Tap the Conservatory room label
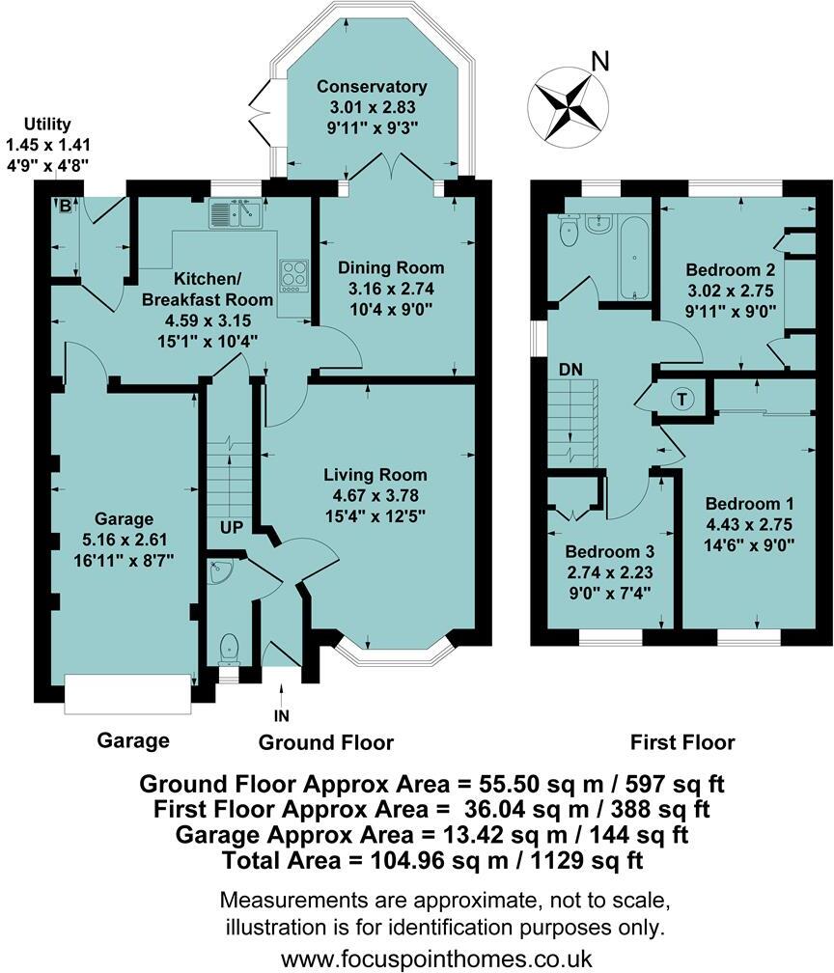point(372,88)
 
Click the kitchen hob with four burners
point(292,275)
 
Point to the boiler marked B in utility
point(66,205)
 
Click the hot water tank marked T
point(683,399)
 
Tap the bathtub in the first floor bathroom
point(633,257)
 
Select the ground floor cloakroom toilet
point(230,646)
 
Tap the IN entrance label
point(281,715)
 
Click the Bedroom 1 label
point(749,504)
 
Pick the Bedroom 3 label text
point(610,552)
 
